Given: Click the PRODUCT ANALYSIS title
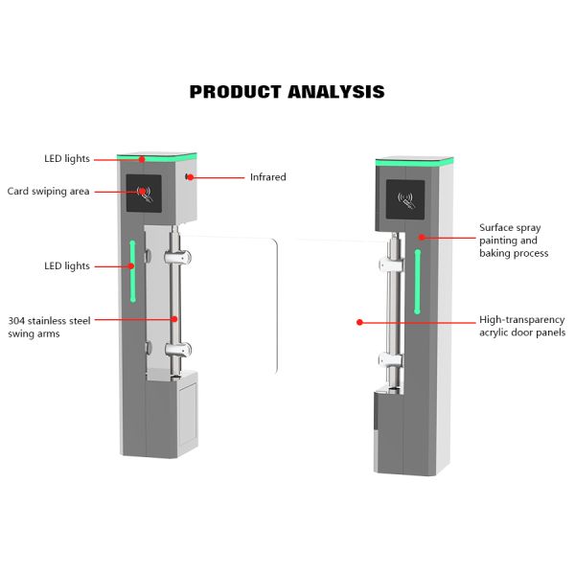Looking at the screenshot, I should coord(287,92).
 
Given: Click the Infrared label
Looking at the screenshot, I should coord(267,177).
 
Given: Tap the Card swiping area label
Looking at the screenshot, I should coord(48,192).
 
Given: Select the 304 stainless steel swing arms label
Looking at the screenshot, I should coord(49,327).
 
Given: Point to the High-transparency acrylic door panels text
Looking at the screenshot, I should coord(521,326).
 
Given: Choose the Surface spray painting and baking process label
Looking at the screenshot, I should coord(514,241).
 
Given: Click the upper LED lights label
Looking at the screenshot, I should coord(66,158).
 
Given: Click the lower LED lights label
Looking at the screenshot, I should coord(66,265).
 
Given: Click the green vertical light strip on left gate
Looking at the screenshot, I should coord(132,270).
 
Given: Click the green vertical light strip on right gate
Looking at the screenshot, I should coord(418,282).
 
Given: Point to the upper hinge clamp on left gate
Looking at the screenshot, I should coord(177,257).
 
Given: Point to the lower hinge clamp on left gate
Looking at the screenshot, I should coord(177,350).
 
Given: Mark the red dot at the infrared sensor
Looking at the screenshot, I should coord(192,177).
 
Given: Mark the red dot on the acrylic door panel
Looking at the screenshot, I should coord(358,323).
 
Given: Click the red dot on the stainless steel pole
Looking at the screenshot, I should coord(173,319).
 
